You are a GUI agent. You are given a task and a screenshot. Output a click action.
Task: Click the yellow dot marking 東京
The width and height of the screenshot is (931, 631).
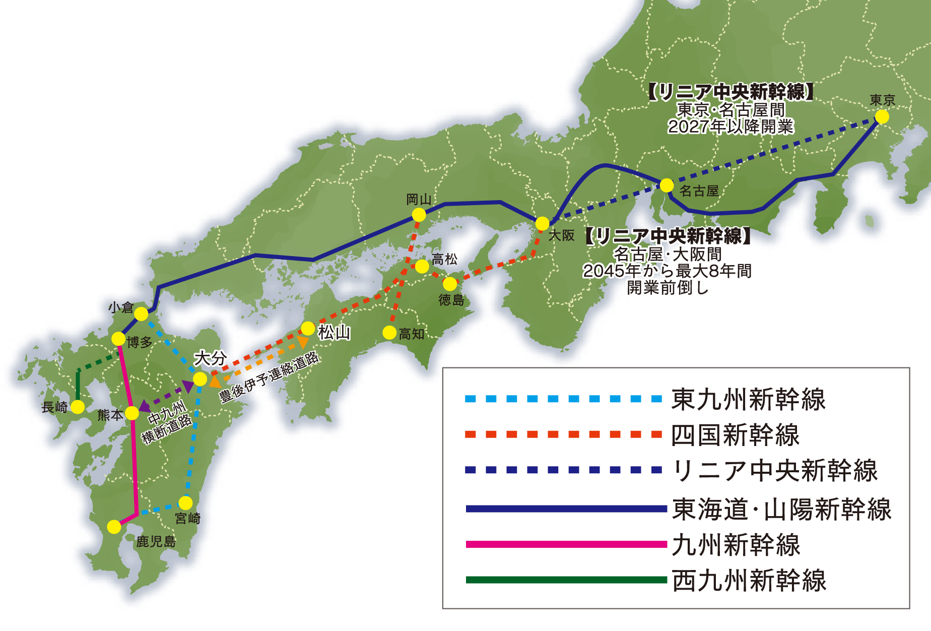882,116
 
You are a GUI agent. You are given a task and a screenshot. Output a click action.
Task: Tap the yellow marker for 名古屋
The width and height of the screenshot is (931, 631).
667,185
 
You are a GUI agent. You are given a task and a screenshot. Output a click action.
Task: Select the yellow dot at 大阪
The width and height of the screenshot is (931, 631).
542,223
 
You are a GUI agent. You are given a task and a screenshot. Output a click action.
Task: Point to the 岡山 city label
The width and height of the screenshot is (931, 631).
419,200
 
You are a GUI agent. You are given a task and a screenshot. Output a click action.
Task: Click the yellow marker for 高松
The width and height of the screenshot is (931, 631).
422,266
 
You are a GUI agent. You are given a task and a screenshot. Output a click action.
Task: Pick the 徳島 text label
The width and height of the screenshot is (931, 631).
451,300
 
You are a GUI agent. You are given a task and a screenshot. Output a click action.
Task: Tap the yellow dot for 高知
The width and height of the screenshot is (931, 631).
389,333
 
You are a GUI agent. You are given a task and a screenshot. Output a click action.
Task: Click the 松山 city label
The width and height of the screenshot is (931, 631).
334,333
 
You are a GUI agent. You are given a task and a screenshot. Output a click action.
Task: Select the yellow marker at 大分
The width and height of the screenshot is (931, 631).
200,379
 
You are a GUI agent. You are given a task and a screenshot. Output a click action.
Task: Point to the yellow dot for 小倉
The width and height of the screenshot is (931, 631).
141,314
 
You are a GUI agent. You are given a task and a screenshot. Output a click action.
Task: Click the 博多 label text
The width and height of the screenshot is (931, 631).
140,343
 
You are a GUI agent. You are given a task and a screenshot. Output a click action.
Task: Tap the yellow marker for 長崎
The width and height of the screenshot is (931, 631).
78,407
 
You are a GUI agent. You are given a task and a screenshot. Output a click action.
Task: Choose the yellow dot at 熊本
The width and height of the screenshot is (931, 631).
131,413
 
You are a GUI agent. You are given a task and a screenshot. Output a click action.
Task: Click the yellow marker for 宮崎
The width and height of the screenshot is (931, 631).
185,502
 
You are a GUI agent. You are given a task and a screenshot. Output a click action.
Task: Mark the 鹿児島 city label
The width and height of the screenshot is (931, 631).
156,542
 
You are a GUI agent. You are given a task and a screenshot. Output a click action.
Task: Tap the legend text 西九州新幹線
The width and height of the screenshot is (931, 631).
749,581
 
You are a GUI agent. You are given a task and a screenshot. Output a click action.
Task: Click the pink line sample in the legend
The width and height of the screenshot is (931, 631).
566,544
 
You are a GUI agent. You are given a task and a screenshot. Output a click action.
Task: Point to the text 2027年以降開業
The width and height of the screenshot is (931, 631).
730,127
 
